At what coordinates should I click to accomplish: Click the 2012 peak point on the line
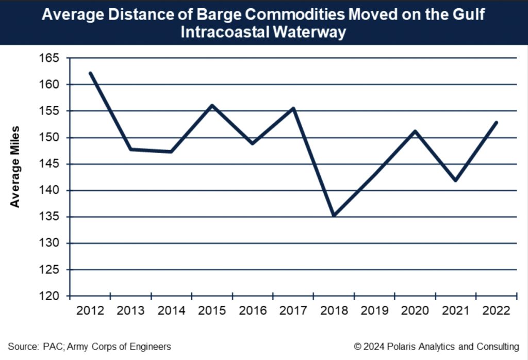click(x=90, y=73)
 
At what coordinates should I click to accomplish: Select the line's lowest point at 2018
click(x=334, y=216)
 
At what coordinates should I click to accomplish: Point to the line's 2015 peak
click(x=212, y=105)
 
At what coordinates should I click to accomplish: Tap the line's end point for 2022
click(x=497, y=122)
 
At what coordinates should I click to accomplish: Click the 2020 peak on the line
click(x=415, y=131)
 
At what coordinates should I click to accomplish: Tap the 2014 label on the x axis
click(x=171, y=310)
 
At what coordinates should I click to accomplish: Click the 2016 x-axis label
click(x=253, y=310)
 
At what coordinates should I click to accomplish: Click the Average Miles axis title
click(x=15, y=166)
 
